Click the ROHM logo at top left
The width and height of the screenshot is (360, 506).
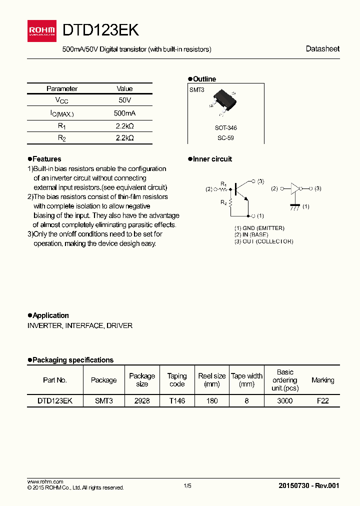42,31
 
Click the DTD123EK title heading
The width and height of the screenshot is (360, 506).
100,31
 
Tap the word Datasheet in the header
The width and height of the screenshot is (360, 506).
322,49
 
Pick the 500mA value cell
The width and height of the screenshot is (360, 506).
124,113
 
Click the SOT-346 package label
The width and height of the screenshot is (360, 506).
225,128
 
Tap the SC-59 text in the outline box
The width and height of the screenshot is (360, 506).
225,137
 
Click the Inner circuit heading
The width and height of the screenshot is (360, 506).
212,159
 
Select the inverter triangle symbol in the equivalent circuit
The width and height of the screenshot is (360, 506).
295,188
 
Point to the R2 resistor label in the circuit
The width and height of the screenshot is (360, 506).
223,202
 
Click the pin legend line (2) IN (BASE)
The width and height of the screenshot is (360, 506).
251,234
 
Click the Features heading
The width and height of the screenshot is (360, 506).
46,159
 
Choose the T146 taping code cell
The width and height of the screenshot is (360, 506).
177,401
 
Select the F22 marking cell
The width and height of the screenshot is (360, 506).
322,401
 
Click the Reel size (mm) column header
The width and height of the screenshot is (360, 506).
212,380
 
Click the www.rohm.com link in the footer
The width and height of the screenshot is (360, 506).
45,481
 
